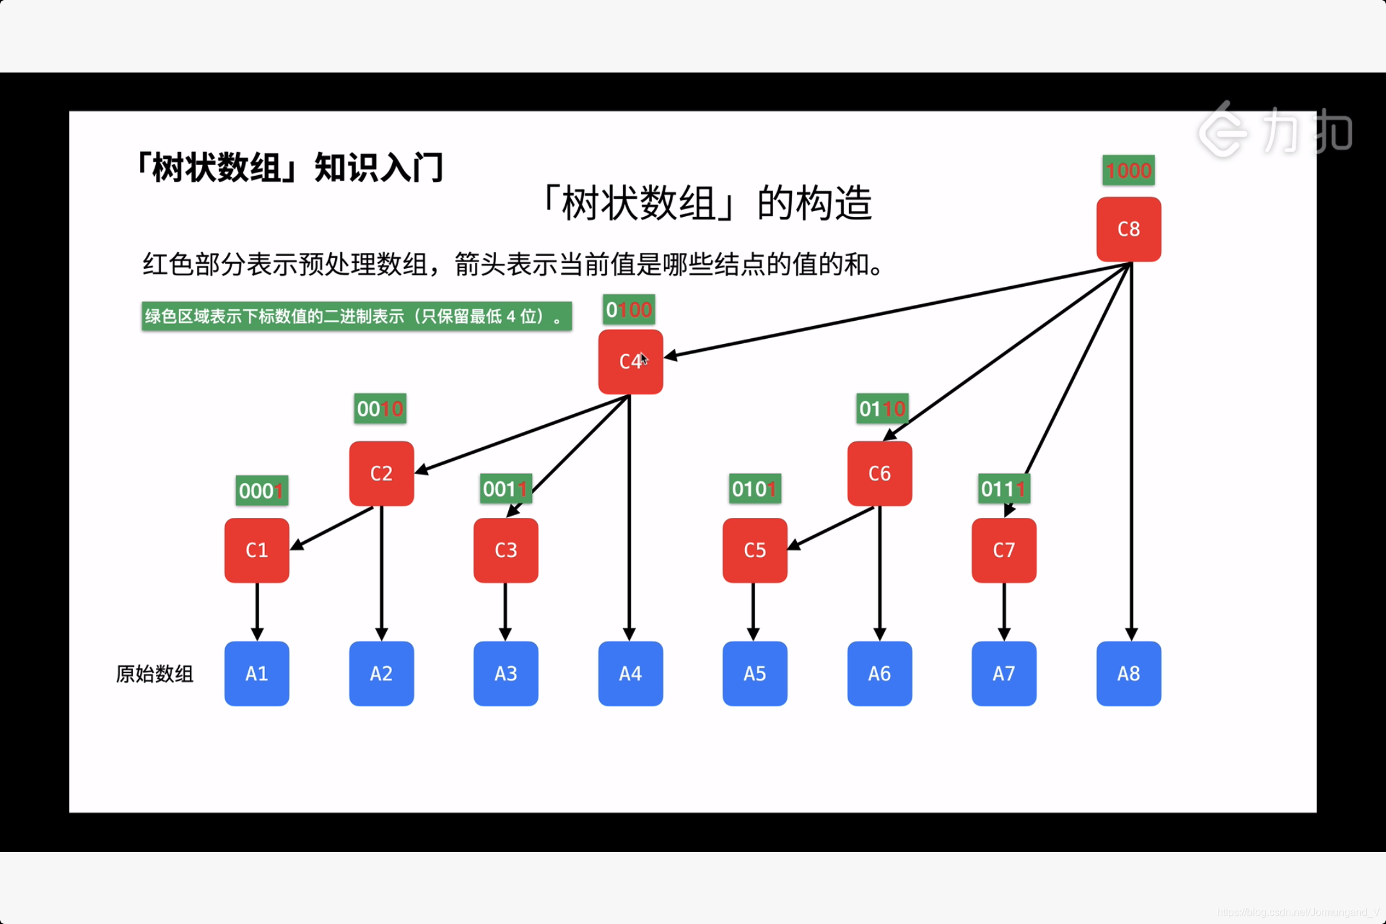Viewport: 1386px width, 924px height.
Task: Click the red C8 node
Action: pyautogui.click(x=1129, y=229)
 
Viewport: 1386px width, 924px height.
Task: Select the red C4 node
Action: pyautogui.click(x=630, y=362)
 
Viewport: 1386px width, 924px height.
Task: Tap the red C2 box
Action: pyautogui.click(x=381, y=474)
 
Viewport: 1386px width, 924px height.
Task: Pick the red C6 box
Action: pyautogui.click(x=879, y=474)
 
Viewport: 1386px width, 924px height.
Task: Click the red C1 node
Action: pyautogui.click(x=257, y=550)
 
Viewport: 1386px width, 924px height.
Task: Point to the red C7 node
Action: pyautogui.click(x=1004, y=550)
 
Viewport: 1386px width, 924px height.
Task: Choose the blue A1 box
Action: pyautogui.click(x=257, y=674)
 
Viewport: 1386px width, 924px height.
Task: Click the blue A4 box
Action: pyautogui.click(x=630, y=674)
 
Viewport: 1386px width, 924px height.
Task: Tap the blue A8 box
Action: pyautogui.click(x=1129, y=674)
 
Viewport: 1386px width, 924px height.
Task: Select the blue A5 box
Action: pyautogui.click(x=755, y=674)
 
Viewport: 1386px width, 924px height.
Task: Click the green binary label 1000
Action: pyautogui.click(x=1128, y=171)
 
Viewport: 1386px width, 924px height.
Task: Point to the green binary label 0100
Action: pyautogui.click(x=629, y=310)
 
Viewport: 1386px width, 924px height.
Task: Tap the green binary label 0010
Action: pyautogui.click(x=380, y=409)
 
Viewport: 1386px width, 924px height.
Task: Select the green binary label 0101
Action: pyautogui.click(x=755, y=489)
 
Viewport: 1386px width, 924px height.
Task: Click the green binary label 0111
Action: pyautogui.click(x=1004, y=489)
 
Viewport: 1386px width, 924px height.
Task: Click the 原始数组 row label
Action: pyautogui.click(x=155, y=674)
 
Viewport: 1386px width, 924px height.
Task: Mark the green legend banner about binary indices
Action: pyautogui.click(x=356, y=316)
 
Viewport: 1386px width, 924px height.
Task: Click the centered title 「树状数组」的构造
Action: pyautogui.click(x=706, y=203)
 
